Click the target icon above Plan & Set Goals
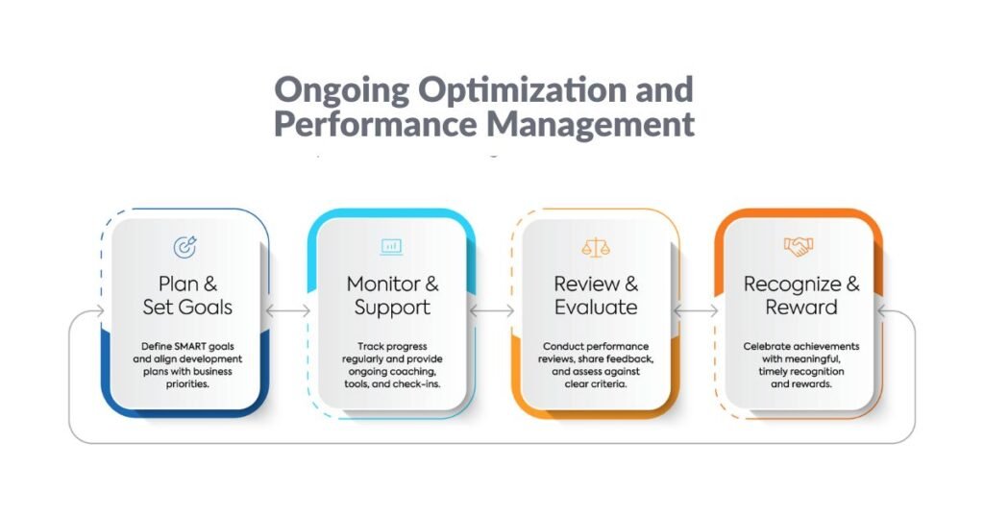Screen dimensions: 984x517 coord(185,247)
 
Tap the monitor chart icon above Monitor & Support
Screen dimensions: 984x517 coord(392,246)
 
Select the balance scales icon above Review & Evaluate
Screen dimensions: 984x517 coord(596,247)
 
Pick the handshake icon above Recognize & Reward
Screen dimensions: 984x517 coord(799,246)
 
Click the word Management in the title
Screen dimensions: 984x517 coord(591,124)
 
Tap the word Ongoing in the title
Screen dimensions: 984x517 coord(342,89)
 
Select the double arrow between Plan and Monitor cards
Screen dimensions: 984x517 coord(288,310)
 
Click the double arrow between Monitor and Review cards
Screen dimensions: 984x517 coord(492,310)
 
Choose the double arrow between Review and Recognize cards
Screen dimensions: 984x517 coord(696,310)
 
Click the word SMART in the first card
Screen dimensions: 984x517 coord(191,346)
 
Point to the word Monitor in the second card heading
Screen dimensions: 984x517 coord(383,284)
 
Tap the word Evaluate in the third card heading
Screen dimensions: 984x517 coord(596,308)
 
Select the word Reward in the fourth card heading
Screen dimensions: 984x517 coord(801,308)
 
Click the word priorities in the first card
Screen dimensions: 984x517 coord(187,384)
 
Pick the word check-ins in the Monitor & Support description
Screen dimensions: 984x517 coord(416,384)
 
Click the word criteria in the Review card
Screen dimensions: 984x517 coord(609,384)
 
